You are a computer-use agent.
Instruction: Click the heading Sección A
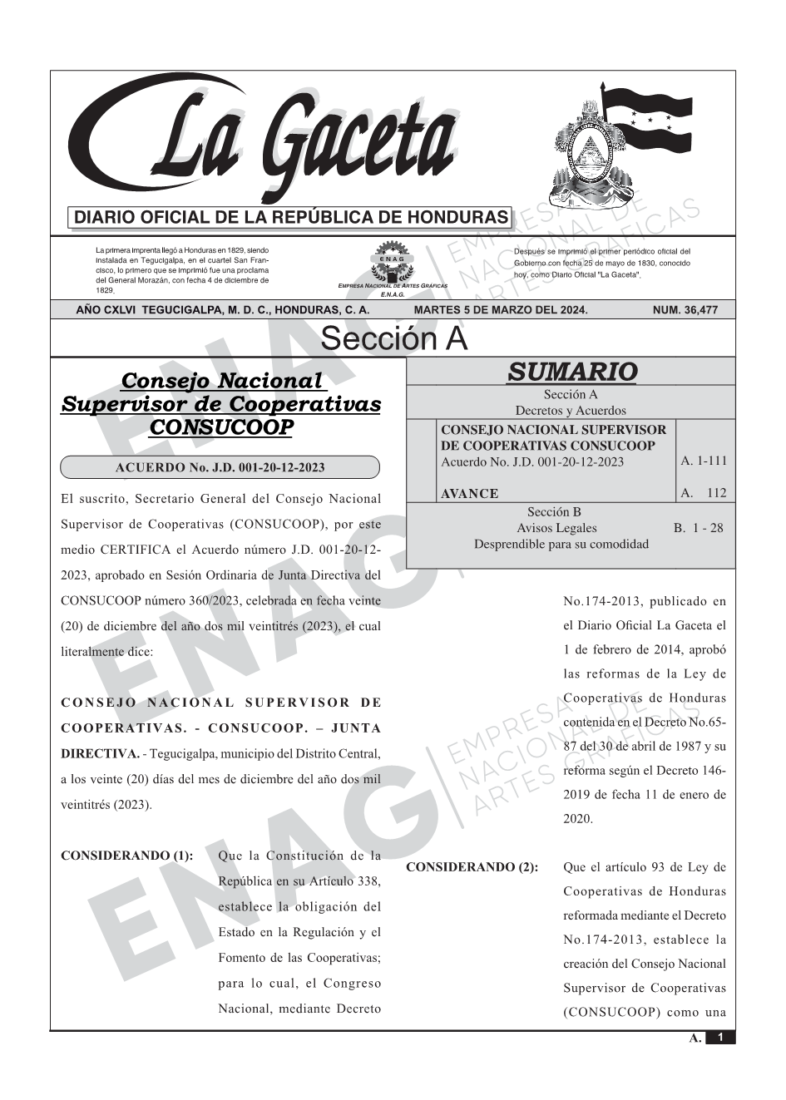click(x=393, y=339)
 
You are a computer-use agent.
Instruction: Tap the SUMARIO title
click(x=571, y=372)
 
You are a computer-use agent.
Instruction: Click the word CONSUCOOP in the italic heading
click(x=220, y=427)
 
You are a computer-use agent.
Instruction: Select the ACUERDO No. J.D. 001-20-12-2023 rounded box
click(x=220, y=467)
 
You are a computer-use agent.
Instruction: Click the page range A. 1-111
click(x=703, y=461)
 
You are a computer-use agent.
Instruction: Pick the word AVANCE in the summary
click(x=469, y=493)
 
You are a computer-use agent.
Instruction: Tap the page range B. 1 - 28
click(x=698, y=528)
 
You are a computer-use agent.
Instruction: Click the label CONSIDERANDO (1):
click(x=127, y=856)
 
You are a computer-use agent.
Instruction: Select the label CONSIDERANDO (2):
click(x=472, y=867)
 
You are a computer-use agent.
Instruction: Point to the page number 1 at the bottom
click(x=720, y=1038)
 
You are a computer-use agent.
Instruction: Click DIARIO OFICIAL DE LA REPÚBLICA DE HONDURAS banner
click(x=291, y=218)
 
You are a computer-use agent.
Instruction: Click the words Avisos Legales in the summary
click(x=556, y=528)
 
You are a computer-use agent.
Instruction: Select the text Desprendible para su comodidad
click(x=561, y=544)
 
